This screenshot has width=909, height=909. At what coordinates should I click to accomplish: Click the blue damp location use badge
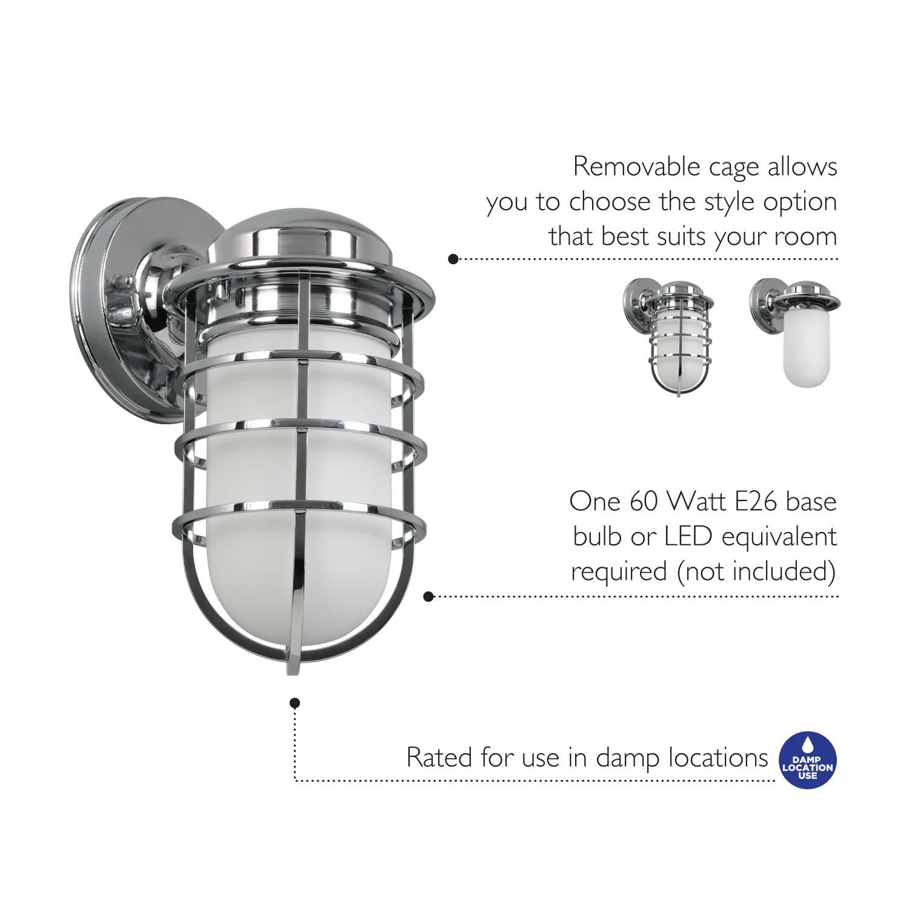tap(808, 760)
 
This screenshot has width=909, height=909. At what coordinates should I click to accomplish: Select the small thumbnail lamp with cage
tap(668, 337)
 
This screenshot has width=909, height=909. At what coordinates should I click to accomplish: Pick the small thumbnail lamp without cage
tap(794, 333)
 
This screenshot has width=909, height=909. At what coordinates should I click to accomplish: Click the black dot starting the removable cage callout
tap(453, 259)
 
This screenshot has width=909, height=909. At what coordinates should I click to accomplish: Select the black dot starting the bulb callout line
tap(428, 596)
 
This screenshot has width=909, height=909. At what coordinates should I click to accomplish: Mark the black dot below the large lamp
tap(295, 703)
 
